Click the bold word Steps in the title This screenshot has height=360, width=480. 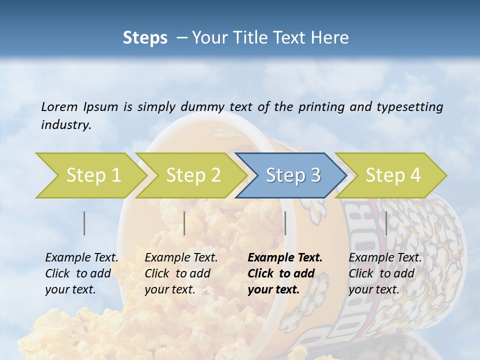(x=145, y=38)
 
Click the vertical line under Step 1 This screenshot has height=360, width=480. (x=84, y=223)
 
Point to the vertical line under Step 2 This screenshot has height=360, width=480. (x=184, y=223)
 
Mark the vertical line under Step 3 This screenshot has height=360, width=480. (x=285, y=223)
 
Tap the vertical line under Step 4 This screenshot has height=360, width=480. (x=386, y=223)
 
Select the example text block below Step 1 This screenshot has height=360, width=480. (x=81, y=273)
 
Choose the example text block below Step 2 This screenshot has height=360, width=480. (x=181, y=273)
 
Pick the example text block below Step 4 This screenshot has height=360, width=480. (x=385, y=273)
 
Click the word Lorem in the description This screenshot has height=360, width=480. (x=59, y=106)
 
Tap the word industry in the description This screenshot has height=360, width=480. (x=66, y=125)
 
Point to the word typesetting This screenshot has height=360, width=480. (x=407, y=106)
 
